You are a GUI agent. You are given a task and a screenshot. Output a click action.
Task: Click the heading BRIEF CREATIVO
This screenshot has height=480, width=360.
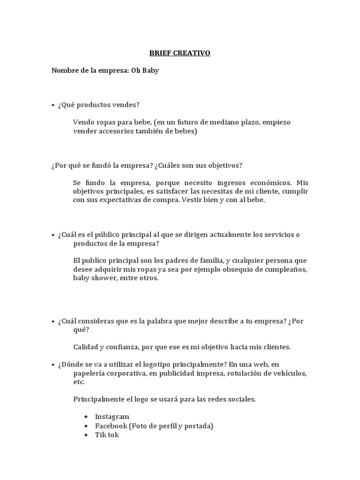pos(180,53)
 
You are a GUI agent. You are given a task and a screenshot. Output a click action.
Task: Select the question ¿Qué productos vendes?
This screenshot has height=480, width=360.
pos(98,105)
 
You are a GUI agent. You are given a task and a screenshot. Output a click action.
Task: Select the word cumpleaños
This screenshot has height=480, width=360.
pos(286,269)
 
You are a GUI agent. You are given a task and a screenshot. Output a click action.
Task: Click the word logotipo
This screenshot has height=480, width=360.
pos(162,364)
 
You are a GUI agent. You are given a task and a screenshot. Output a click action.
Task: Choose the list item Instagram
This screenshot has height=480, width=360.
pos(112,417)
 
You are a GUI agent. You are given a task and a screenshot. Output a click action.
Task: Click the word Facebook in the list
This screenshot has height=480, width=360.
pos(111,426)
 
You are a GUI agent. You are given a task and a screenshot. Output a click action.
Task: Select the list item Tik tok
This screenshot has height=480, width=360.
pos(107,435)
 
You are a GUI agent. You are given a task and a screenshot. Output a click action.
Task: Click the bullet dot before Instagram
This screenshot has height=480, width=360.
pos(87,417)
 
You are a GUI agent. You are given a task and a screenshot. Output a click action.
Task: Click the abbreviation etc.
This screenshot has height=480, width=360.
pos(79,382)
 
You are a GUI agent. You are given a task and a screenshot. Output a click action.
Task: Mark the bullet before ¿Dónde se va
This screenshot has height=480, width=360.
pos(53,364)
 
